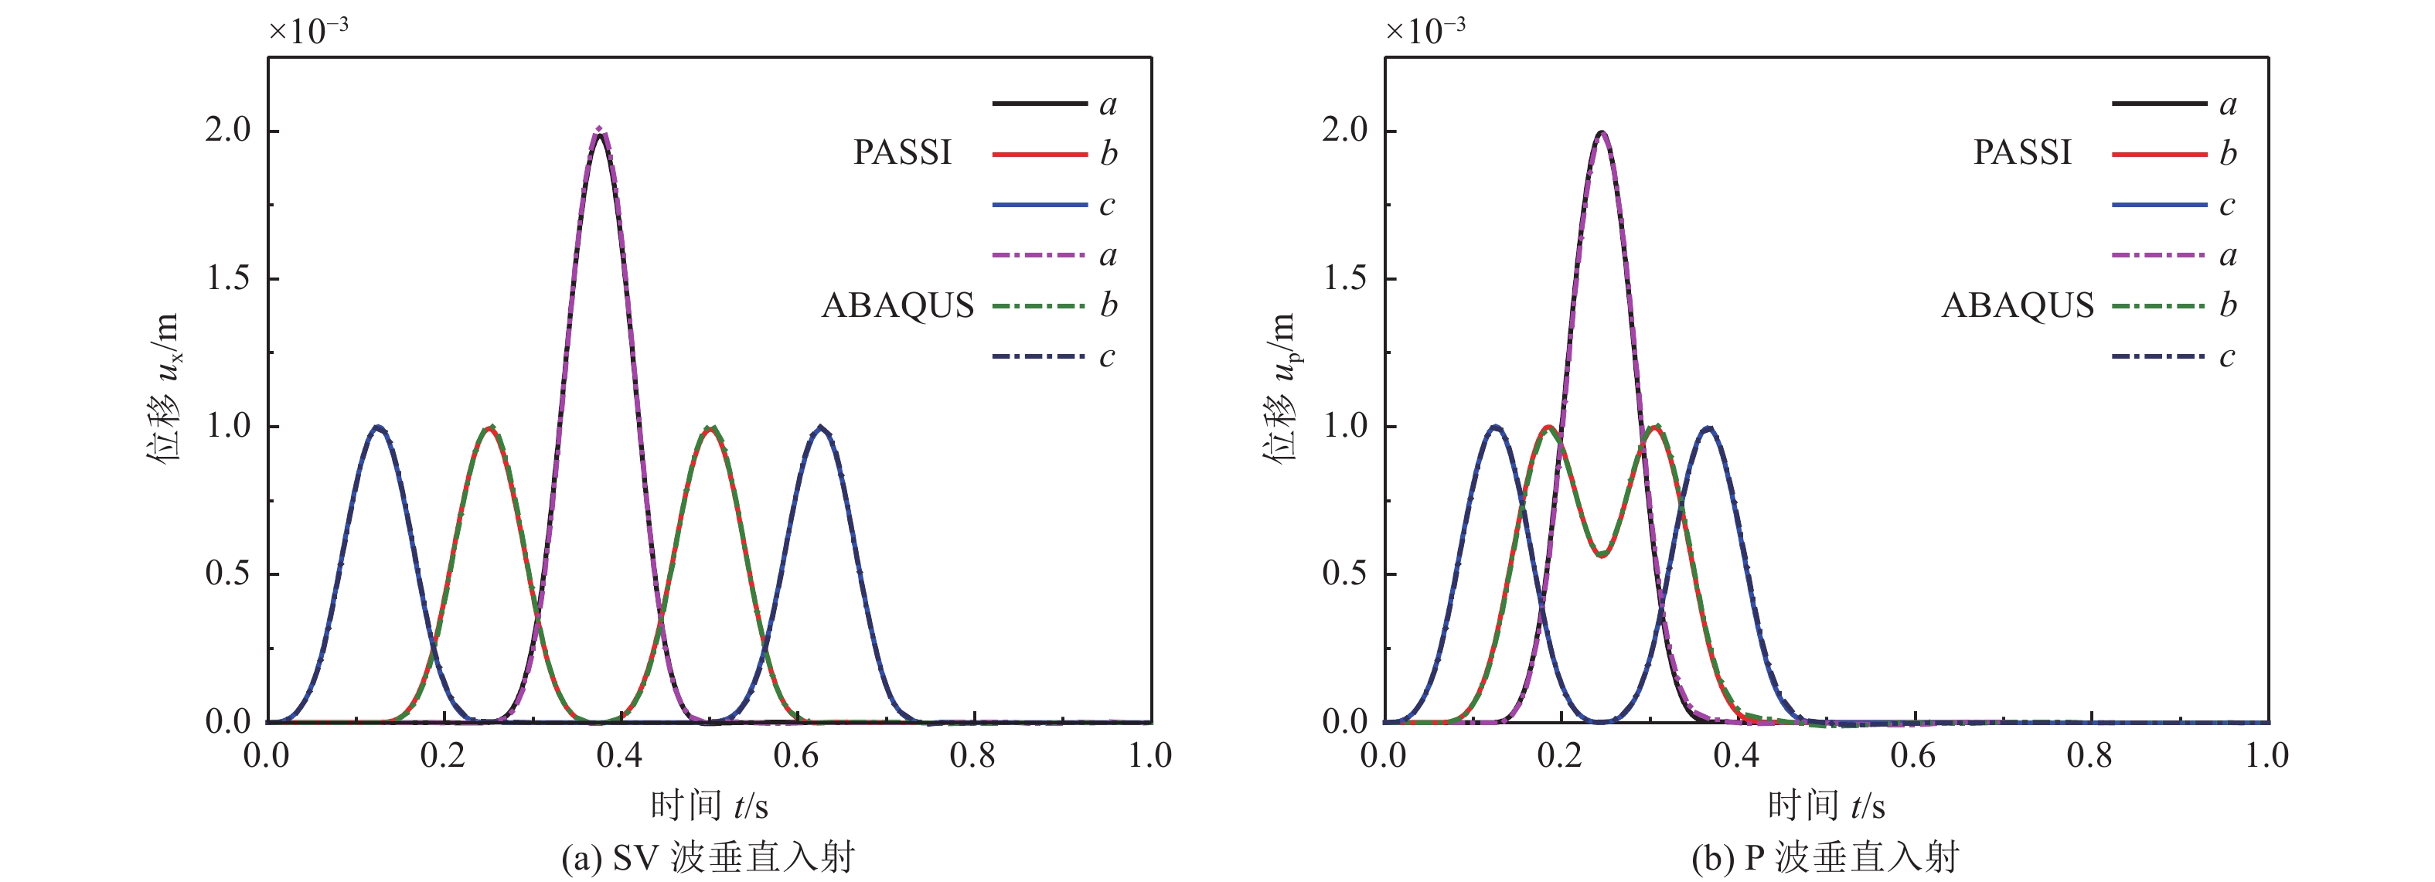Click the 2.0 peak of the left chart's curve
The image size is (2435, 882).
tap(598, 131)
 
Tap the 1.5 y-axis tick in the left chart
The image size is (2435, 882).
tap(229, 279)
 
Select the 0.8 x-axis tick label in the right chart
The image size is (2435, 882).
tap(2089, 755)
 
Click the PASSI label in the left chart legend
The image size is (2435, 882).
tap(902, 153)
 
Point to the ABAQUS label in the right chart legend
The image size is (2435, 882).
tap(2018, 305)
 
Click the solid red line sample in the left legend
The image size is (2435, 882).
tap(1039, 154)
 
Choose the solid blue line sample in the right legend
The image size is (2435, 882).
tap(2159, 205)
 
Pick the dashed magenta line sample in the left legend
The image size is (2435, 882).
tap(1039, 255)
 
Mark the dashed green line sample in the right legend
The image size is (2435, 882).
tap(2159, 305)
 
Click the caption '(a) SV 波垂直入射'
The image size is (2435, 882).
tap(708, 858)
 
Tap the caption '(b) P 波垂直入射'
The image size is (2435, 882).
tap(1825, 858)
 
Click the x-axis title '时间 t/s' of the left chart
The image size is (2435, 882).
tap(709, 806)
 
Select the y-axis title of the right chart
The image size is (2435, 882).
tap(1281, 387)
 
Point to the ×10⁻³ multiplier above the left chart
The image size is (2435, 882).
tap(308, 30)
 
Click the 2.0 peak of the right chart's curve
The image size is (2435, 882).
tap(1600, 132)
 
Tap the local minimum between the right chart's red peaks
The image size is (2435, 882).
tap(1601, 555)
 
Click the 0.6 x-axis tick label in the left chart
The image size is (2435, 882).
tap(796, 755)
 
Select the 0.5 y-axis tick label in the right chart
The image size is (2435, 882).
tap(1345, 574)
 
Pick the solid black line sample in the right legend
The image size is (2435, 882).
tap(2159, 103)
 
